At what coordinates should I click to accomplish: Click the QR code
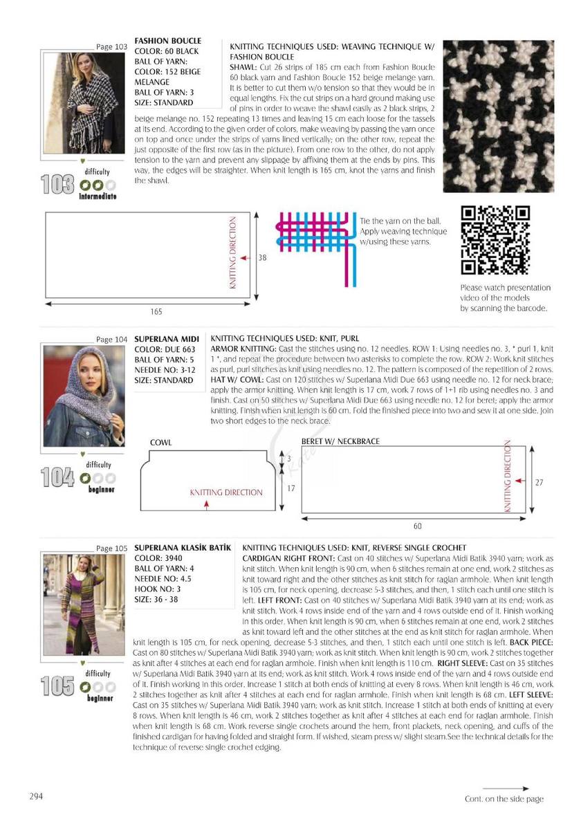tap(495, 240)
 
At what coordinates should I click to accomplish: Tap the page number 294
tap(36, 796)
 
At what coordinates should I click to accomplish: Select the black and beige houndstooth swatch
tap(498, 116)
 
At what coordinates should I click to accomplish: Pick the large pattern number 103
tap(58, 185)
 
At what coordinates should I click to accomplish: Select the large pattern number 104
tap(58, 477)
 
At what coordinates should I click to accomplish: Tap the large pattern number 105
tap(58, 686)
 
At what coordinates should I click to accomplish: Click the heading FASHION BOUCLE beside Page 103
tap(164, 41)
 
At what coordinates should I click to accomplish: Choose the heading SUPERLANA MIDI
tap(167, 339)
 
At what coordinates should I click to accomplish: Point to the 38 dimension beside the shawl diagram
tap(262, 257)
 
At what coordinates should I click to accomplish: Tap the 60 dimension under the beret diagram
tap(417, 525)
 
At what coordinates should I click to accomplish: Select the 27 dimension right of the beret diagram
tap(539, 483)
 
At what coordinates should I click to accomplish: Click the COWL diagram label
tap(160, 442)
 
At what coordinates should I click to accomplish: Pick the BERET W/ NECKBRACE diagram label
tap(340, 441)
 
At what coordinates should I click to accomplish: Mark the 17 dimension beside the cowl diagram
tap(290, 488)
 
